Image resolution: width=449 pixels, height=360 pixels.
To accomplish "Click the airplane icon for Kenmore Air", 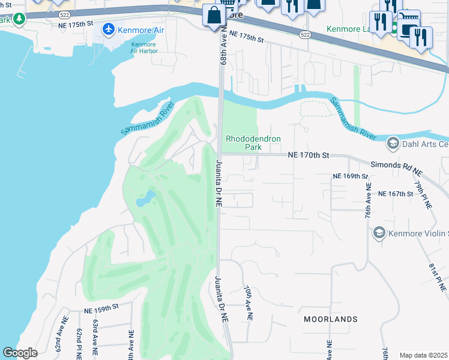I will (x=109, y=29).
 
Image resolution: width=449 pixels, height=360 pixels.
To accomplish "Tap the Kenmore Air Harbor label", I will (x=143, y=48).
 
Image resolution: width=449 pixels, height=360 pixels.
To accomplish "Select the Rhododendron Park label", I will (x=253, y=143).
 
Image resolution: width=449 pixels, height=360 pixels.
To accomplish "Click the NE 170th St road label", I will (x=309, y=155).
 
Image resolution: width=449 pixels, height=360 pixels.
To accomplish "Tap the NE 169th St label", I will (x=351, y=176).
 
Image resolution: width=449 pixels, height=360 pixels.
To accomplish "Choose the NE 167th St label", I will (x=396, y=194).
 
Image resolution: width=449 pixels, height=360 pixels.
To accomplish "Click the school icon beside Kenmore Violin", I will (x=379, y=232).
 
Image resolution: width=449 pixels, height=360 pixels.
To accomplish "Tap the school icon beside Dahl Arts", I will (x=393, y=143).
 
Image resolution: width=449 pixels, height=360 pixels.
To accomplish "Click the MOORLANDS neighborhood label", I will (x=330, y=319).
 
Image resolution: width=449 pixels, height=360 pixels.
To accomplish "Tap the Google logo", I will (x=20, y=353).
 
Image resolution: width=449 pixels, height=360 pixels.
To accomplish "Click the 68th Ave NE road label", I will (x=222, y=45).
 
